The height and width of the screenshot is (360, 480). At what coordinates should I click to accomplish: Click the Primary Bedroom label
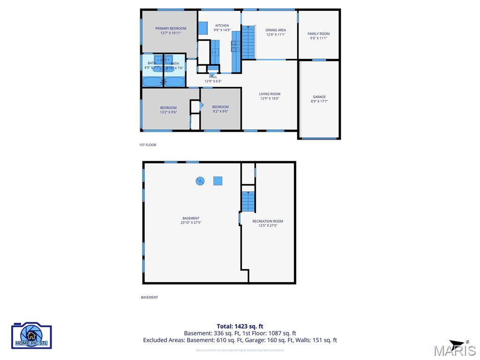click(171, 30)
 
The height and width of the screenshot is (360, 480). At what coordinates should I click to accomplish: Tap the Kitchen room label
click(222, 28)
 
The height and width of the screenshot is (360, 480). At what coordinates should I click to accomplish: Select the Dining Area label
click(276, 32)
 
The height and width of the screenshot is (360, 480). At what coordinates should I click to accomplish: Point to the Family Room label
click(318, 36)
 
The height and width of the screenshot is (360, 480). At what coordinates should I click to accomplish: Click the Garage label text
click(319, 99)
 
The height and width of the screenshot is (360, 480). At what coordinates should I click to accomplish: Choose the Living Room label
click(270, 96)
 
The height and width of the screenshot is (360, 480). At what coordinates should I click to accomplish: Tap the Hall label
click(213, 79)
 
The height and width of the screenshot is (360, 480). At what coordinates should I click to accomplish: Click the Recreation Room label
click(268, 223)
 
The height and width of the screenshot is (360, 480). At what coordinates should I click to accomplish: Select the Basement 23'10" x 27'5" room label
click(191, 220)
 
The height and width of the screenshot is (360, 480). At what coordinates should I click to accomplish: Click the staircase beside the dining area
click(248, 42)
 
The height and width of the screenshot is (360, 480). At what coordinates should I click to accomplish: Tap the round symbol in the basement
click(200, 181)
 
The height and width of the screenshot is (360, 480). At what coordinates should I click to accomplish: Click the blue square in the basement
click(217, 181)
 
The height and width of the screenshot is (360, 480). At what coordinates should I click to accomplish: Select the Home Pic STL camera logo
click(31, 336)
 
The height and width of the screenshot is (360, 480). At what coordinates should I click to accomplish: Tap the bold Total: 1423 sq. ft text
click(240, 326)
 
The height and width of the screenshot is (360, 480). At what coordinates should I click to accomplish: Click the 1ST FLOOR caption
click(148, 145)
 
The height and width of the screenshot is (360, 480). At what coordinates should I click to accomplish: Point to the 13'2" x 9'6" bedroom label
click(168, 110)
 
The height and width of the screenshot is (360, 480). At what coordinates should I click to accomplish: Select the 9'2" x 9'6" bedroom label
click(220, 109)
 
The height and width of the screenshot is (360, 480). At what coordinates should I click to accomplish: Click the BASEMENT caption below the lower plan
click(150, 297)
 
